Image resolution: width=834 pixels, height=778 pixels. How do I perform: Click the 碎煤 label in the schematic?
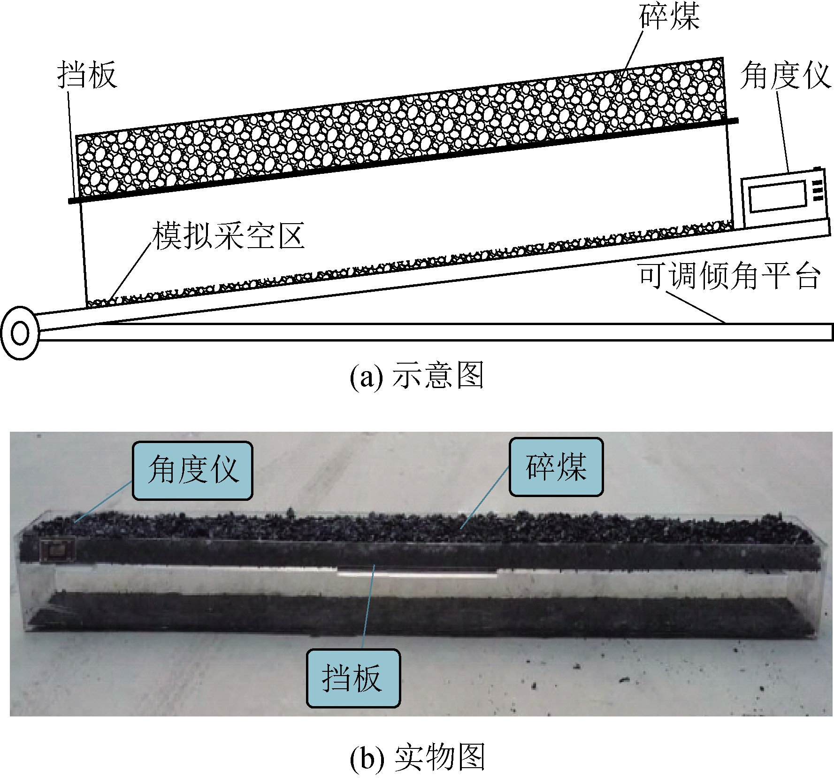(669, 16)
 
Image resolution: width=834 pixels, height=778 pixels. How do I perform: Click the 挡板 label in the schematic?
(87, 75)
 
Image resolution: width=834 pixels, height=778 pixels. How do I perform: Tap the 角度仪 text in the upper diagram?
(785, 75)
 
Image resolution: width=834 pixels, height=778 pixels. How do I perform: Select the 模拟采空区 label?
(229, 236)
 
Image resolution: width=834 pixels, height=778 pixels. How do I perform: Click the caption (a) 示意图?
(417, 376)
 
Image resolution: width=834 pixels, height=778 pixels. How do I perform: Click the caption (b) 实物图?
(417, 757)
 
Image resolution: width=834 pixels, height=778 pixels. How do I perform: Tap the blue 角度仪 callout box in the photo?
(192, 470)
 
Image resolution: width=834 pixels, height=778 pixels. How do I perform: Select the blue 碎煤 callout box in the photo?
(556, 467)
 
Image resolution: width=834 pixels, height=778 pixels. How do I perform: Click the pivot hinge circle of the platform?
(20, 333)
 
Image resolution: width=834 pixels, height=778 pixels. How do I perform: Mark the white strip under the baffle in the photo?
(417, 572)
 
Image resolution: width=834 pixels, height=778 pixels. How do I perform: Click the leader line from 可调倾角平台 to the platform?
(695, 307)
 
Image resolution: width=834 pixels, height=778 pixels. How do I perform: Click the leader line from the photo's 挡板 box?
(368, 606)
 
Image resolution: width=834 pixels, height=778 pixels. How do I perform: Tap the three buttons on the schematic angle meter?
(817, 190)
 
